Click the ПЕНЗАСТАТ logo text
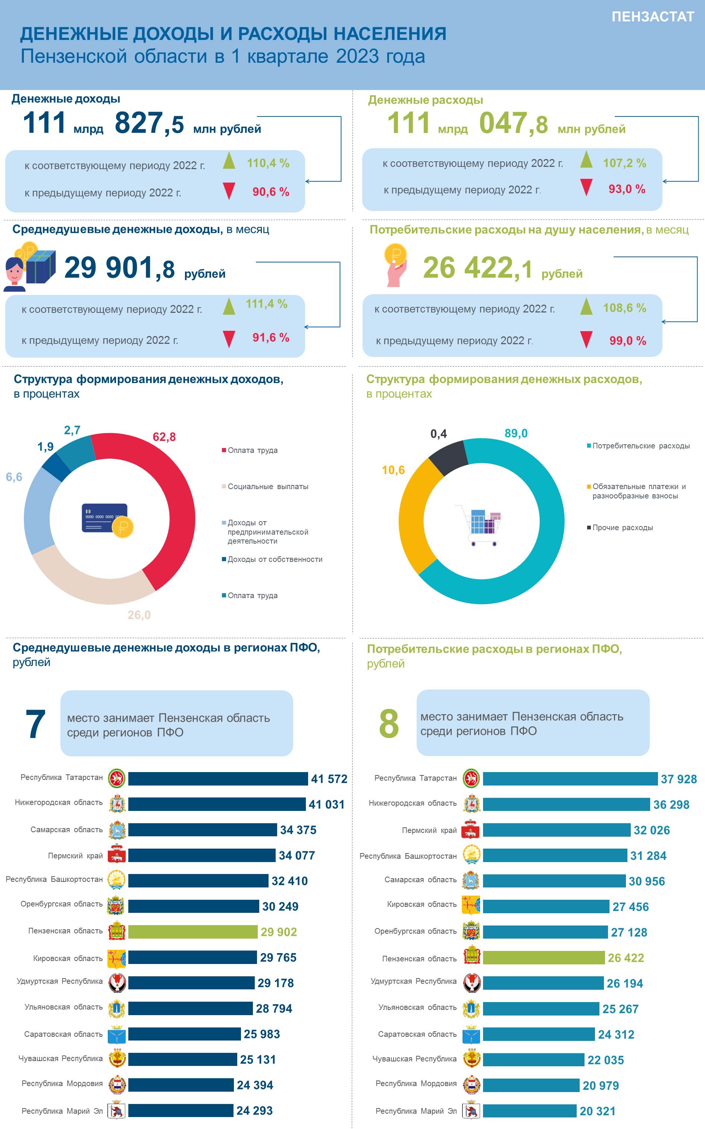coord(653,17)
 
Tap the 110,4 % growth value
coord(268,163)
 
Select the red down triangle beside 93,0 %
coord(586,187)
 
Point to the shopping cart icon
coord(478,525)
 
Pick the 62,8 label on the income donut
coord(164,437)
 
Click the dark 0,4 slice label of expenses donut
coord(438,434)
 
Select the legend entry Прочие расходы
coord(620,528)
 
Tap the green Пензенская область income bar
coord(192,931)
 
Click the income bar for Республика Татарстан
coord(218,779)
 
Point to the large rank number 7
coord(35,724)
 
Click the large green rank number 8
coord(389,724)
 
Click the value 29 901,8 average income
coord(119,268)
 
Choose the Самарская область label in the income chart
coord(67,830)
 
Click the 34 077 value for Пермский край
coord(297,855)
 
